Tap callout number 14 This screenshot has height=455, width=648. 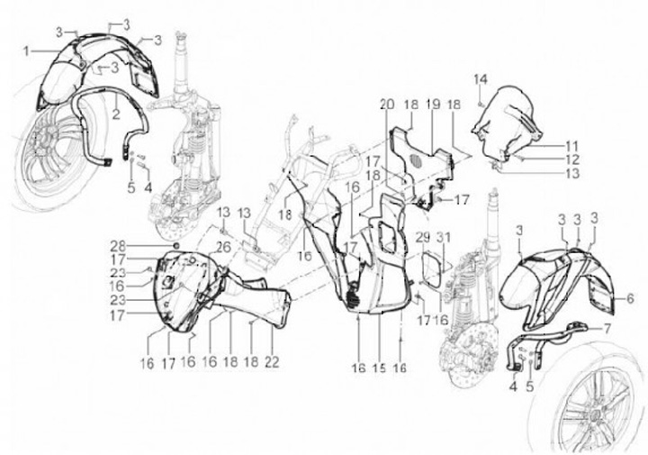(481, 77)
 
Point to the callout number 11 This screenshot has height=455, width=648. (572, 144)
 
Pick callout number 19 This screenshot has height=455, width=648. (433, 105)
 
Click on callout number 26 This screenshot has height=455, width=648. (223, 247)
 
